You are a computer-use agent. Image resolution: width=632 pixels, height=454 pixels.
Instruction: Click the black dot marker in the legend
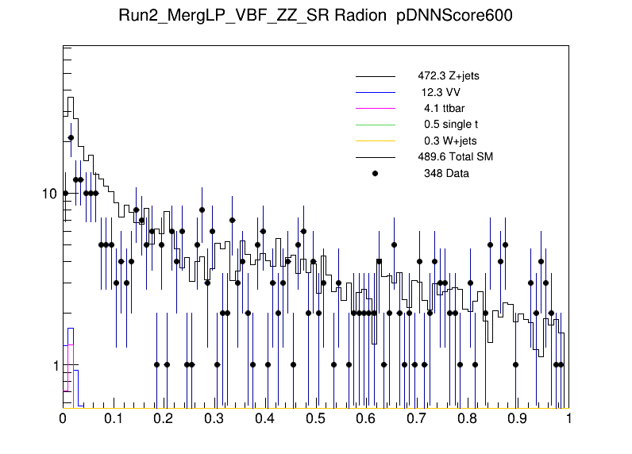(376, 173)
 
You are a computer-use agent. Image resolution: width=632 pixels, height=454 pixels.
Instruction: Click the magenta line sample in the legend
(376, 109)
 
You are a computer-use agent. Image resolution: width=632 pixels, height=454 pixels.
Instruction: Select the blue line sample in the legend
(376, 93)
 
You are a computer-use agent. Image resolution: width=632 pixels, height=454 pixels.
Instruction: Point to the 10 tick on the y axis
(48, 194)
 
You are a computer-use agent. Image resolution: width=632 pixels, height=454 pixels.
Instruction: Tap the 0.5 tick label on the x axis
(316, 418)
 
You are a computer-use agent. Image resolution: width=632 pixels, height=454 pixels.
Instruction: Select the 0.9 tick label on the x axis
(518, 418)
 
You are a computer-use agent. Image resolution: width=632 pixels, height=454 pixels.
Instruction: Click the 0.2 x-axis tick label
(164, 418)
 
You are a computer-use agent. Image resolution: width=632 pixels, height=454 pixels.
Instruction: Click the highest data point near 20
(71, 137)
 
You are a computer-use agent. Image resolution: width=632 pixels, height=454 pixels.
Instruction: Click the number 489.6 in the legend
(432, 156)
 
